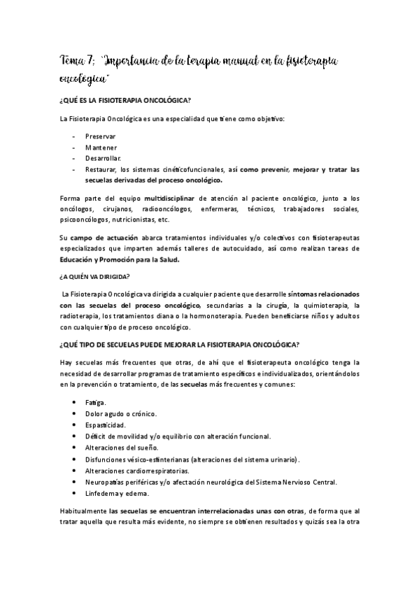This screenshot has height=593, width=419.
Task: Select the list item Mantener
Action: tap(101, 147)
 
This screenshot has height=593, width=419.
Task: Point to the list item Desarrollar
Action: tap(104, 158)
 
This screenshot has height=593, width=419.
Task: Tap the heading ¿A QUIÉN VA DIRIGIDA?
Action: tap(94, 276)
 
